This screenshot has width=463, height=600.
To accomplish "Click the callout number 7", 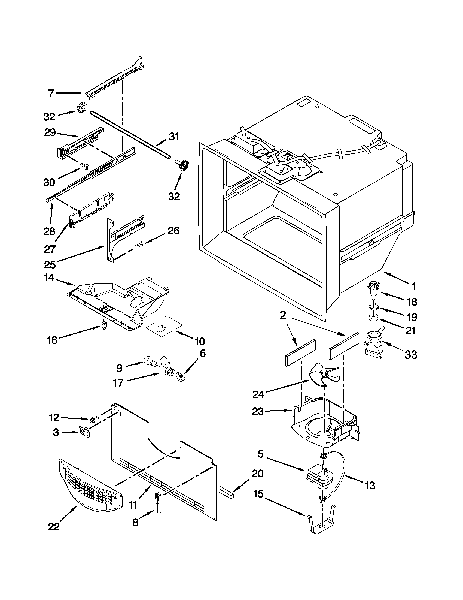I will [51, 94].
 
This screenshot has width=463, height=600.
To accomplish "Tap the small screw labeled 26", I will [139, 243].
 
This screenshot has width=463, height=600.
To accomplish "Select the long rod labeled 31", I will [129, 135].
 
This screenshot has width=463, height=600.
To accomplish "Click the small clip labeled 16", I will [104, 325].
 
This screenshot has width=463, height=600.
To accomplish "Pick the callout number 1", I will [414, 286].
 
